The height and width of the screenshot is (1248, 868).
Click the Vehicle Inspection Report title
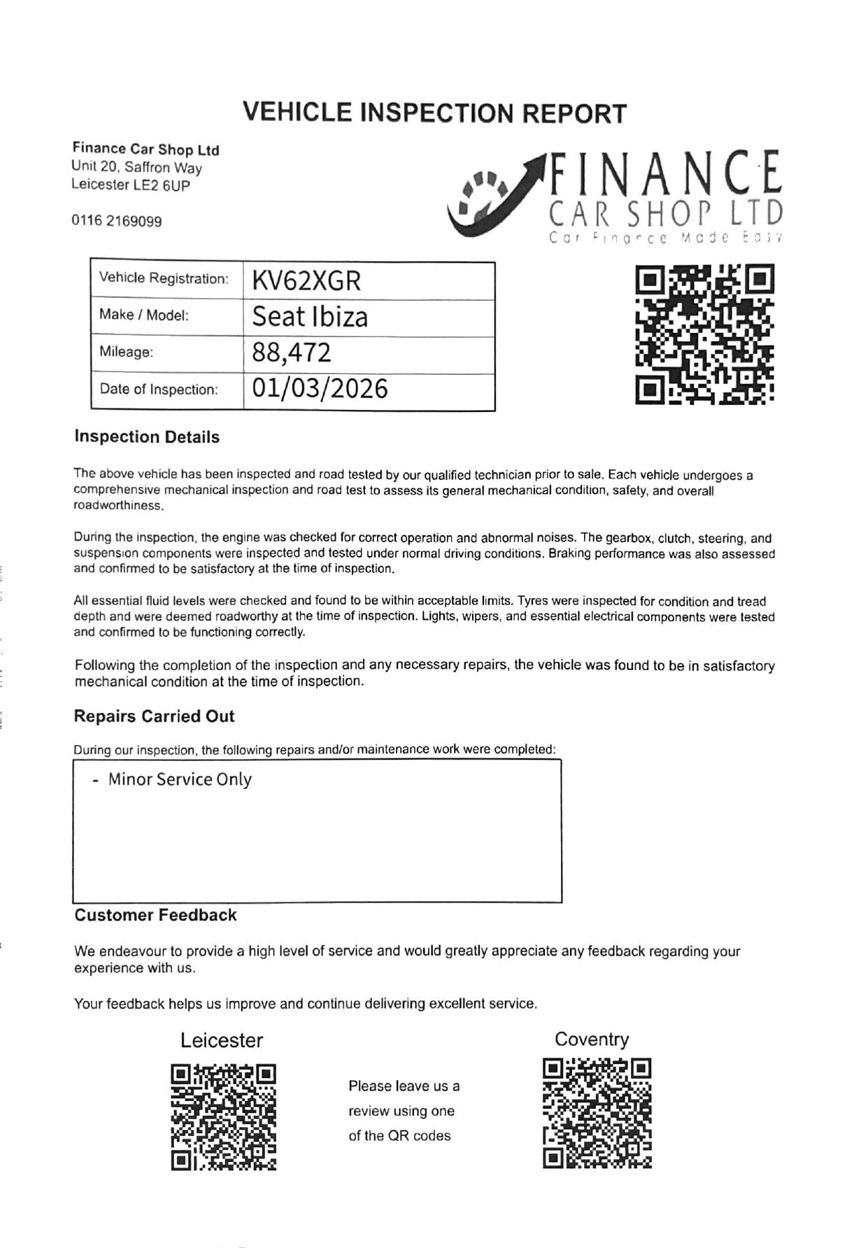[x=434, y=113]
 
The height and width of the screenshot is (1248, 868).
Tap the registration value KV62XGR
[x=306, y=281]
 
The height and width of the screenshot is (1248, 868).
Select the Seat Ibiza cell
[x=310, y=317]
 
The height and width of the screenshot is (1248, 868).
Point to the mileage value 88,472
[x=292, y=353]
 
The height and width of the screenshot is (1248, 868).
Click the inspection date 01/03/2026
[x=320, y=389]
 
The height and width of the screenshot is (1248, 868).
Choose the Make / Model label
[x=144, y=315]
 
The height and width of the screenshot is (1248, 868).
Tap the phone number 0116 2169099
[x=116, y=221]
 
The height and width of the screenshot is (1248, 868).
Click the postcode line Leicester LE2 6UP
[x=130, y=185]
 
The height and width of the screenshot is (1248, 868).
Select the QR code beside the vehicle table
[x=705, y=334]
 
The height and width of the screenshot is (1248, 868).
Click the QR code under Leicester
[x=223, y=1116]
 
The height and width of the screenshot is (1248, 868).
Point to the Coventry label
[x=592, y=1040]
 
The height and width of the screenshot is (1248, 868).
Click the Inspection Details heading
[x=147, y=437]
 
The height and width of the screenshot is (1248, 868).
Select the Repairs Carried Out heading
[x=154, y=716]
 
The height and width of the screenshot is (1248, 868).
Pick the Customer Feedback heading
[x=155, y=915]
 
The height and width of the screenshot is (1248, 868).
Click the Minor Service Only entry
[x=179, y=779]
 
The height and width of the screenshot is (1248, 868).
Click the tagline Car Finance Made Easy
[x=665, y=238]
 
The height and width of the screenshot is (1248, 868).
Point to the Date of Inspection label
[x=159, y=389]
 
